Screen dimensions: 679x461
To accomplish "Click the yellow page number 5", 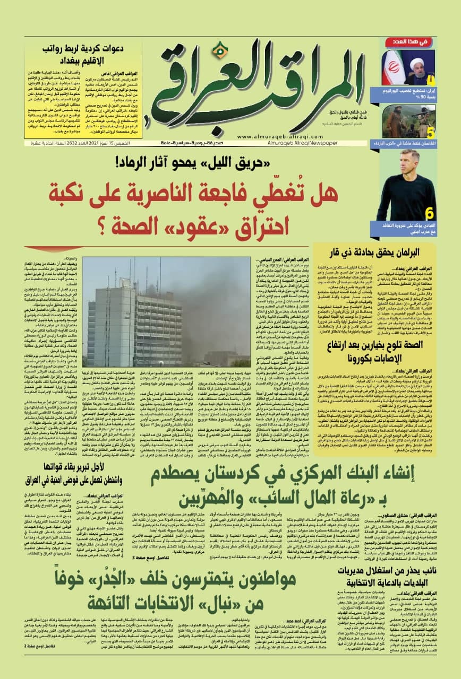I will (x=431, y=130).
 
